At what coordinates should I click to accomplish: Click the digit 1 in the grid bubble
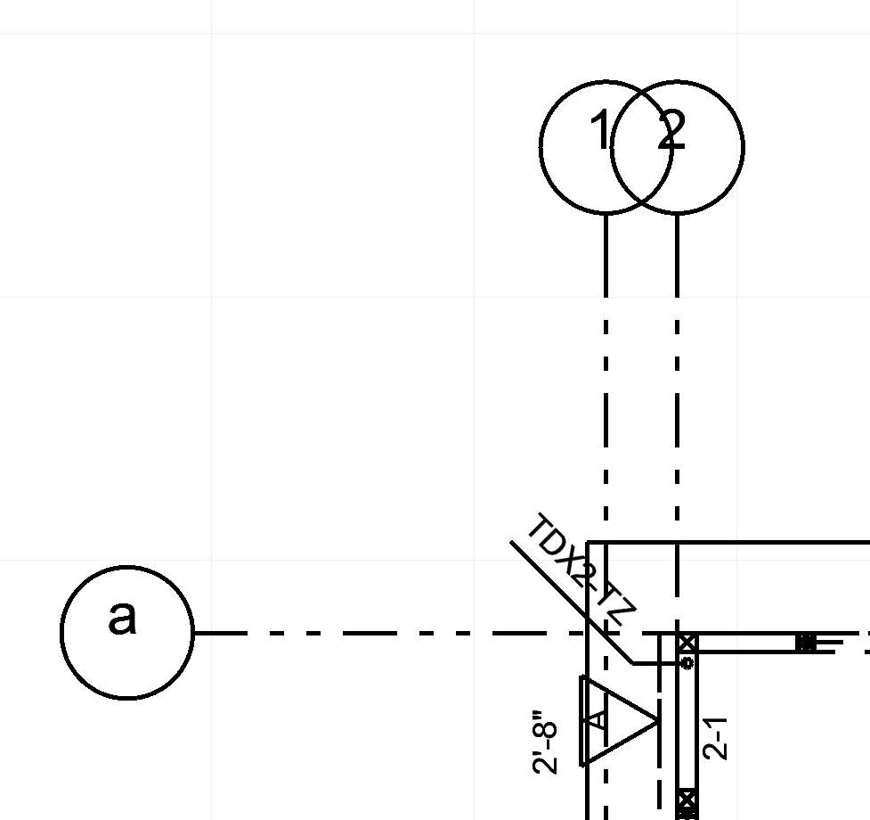(x=600, y=133)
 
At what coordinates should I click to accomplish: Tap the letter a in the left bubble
(x=123, y=617)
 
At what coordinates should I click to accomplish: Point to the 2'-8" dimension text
(x=545, y=742)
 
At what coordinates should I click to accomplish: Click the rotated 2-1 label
(x=716, y=738)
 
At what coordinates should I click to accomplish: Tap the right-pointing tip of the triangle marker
(x=657, y=720)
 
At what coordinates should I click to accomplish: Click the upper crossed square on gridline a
(x=687, y=644)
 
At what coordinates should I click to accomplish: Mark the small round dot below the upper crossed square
(x=687, y=663)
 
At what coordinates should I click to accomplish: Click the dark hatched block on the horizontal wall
(x=805, y=643)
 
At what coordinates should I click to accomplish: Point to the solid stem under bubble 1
(x=606, y=255)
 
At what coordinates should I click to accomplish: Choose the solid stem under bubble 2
(x=678, y=255)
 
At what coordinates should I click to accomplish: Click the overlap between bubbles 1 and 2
(x=642, y=147)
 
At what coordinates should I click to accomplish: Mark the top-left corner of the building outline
(x=588, y=542)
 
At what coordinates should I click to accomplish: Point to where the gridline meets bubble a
(x=193, y=634)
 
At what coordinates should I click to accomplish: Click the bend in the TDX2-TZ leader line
(x=633, y=663)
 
